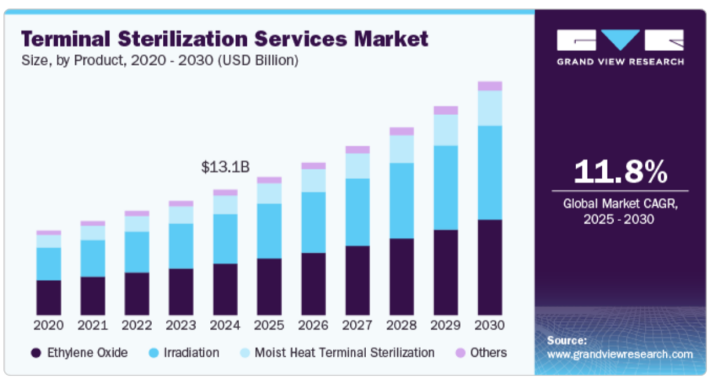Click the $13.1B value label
click(x=225, y=167)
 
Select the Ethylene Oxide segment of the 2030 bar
click(x=490, y=267)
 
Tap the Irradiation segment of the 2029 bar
click(x=446, y=187)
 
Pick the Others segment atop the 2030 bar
click(x=490, y=86)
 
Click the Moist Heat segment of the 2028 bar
click(x=401, y=149)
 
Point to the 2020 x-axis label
click(x=49, y=325)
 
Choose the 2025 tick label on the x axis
click(x=269, y=325)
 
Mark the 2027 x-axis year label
click(x=358, y=325)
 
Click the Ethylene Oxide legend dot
click(x=35, y=353)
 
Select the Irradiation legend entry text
click(x=191, y=353)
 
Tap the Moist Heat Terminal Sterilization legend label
click(x=345, y=353)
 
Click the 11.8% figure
click(x=621, y=172)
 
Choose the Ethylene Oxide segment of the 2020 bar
click(x=49, y=297)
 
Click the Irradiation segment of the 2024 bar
click(x=225, y=239)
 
